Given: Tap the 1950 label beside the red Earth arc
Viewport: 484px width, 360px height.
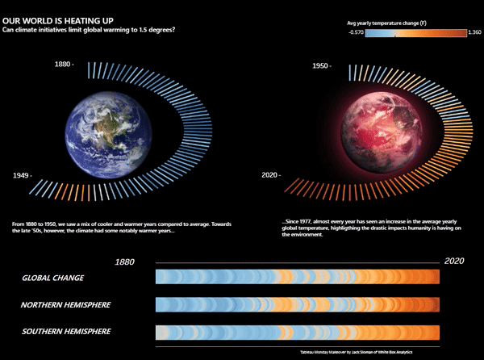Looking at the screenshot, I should point(321,63).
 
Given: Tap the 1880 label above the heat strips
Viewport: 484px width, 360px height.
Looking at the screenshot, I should point(125,262).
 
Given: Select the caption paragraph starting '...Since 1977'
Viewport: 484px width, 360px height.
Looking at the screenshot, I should point(371,228).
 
